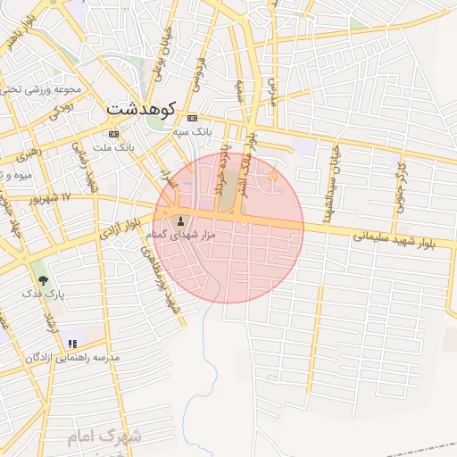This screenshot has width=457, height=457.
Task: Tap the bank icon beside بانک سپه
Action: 192,118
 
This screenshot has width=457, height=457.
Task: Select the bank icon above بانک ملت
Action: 113,134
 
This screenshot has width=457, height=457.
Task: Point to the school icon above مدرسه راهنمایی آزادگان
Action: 73,343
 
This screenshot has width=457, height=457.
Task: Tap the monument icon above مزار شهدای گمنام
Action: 183,221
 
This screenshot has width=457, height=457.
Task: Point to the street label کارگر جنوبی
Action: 402,183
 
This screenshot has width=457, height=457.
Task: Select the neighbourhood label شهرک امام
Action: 106,437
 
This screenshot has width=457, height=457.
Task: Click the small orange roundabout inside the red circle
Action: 272,178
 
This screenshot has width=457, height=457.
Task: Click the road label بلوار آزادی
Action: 120,233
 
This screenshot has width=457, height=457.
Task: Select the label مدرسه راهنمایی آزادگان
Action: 77,357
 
